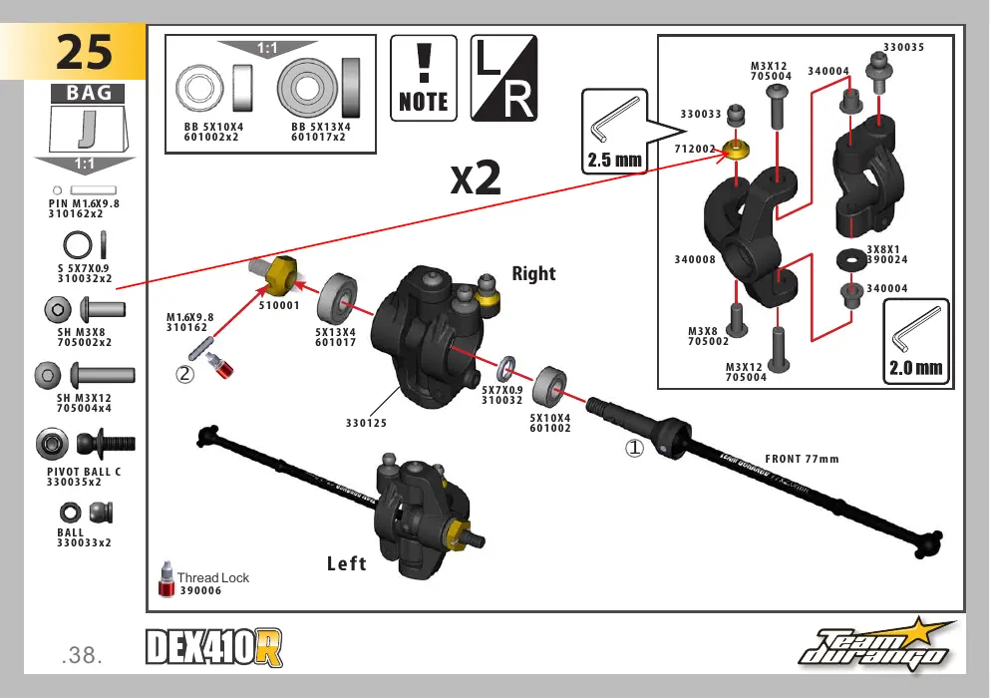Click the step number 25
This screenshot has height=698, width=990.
(84, 52)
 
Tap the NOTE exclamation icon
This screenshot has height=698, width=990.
(424, 79)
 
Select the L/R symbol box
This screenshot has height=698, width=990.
(503, 79)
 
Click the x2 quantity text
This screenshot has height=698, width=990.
(476, 178)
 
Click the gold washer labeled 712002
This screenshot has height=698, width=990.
(736, 151)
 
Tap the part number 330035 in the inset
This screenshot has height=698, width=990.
(903, 48)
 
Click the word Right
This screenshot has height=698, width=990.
(533, 273)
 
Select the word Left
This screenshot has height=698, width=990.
(347, 563)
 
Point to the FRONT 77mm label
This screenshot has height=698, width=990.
(802, 460)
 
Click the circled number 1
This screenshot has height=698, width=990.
(634, 449)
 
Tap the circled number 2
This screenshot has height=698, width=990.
(184, 374)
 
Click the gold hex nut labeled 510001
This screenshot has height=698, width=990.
(280, 275)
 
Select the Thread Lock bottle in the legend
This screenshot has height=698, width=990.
(166, 578)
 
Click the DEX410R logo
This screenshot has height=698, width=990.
(214, 647)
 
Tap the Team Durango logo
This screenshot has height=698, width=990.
(876, 645)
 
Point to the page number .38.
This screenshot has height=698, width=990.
(82, 655)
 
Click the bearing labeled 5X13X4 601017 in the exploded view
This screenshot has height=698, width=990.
(337, 299)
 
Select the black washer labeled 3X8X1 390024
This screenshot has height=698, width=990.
(851, 259)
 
